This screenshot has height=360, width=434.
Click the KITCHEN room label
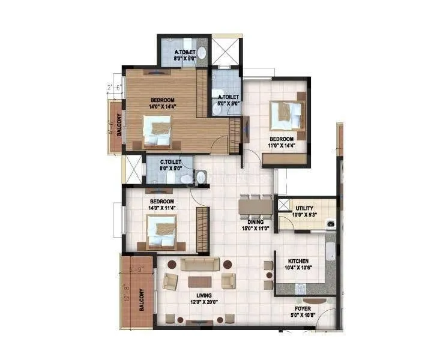pos(298,262)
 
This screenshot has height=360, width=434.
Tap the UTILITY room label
pos(304,208)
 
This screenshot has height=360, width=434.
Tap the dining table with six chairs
pos(255,206)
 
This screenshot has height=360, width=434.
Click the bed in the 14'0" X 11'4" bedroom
pos(161,231)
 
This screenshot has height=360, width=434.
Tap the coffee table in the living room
pos(199,281)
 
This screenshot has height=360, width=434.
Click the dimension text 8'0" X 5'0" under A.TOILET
pos(185,59)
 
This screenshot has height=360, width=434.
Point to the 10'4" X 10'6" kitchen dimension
pos(298,269)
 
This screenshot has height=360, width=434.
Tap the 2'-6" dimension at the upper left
pos(114,88)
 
